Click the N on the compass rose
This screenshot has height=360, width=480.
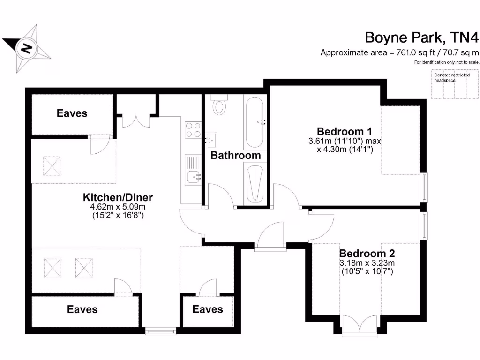click(27, 48)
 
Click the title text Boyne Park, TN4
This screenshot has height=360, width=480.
click(421, 37)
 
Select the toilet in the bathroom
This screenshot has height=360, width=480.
click(219, 105)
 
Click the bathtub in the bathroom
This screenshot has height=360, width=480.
click(255, 123)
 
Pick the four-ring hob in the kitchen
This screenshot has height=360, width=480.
click(193, 129)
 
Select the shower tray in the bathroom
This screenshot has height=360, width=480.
click(255, 184)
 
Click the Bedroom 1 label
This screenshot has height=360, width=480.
click(340, 131)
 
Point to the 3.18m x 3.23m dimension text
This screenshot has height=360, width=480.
click(367, 263)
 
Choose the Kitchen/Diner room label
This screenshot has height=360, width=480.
click(118, 197)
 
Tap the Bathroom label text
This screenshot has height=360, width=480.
click(235, 155)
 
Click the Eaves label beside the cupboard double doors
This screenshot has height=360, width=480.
click(72, 113)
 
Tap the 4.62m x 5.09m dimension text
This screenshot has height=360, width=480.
click(118, 207)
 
